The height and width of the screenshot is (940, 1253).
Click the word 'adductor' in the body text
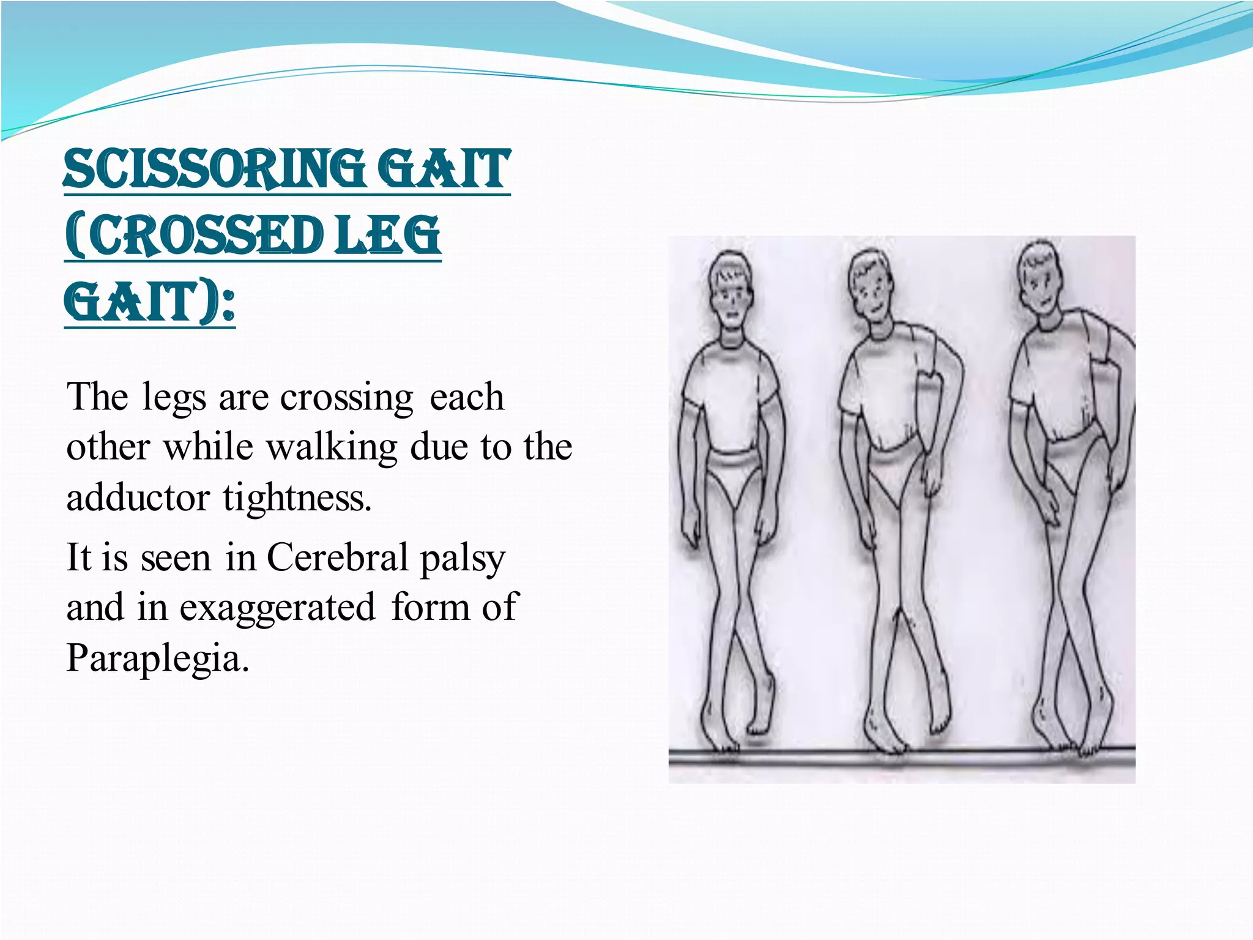137,497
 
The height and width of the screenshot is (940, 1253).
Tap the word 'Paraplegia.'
158,658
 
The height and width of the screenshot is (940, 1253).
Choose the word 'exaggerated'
277,607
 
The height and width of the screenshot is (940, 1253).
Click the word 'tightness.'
297,497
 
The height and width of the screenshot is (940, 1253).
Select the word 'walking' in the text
333,447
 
